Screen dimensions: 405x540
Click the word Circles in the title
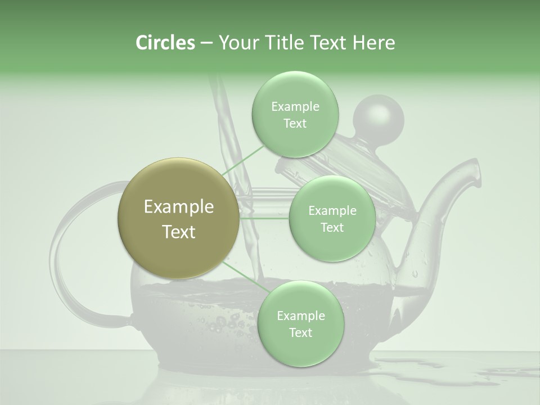pyautogui.click(x=165, y=43)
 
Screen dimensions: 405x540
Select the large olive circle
pyautogui.click(x=179, y=219)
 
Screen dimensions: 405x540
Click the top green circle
pyautogui.click(x=295, y=114)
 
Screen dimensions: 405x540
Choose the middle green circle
pyautogui.click(x=332, y=218)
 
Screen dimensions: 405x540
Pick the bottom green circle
pyautogui.click(x=300, y=323)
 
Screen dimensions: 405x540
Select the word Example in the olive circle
pyautogui.click(x=179, y=207)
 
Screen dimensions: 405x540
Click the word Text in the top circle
pyautogui.click(x=295, y=124)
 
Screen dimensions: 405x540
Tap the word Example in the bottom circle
pyautogui.click(x=300, y=316)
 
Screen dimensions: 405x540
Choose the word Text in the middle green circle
pyautogui.click(x=332, y=227)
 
